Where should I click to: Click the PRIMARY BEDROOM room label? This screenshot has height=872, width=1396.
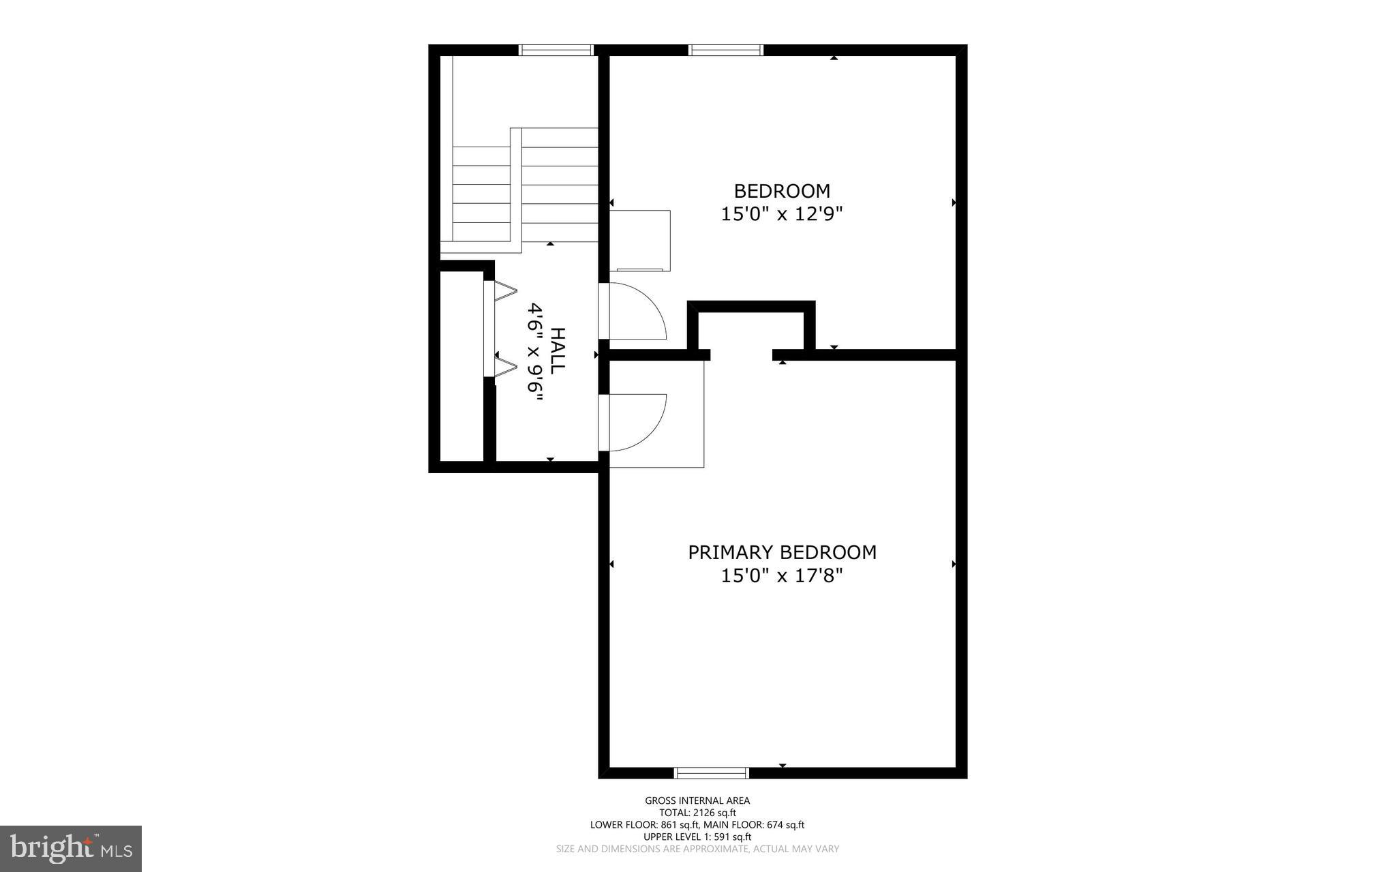coord(782,552)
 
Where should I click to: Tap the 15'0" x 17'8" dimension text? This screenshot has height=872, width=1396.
coord(782,576)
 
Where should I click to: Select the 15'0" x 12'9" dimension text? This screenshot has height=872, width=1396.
coord(782,214)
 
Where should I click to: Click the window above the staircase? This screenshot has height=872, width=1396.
coord(556,50)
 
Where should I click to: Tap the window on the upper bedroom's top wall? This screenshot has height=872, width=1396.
coord(725,50)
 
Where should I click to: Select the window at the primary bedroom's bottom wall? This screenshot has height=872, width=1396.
coord(711,772)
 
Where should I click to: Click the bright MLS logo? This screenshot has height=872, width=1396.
coord(71,848)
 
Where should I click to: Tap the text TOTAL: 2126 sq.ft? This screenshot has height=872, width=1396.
coord(697,813)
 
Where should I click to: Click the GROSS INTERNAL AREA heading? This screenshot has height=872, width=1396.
coord(697,801)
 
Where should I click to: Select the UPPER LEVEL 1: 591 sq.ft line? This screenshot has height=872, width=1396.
coord(697,837)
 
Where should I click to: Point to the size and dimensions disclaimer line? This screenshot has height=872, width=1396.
coord(697,849)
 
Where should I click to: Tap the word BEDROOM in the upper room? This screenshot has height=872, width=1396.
coord(782,191)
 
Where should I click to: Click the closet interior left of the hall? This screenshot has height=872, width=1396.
coord(461,366)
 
